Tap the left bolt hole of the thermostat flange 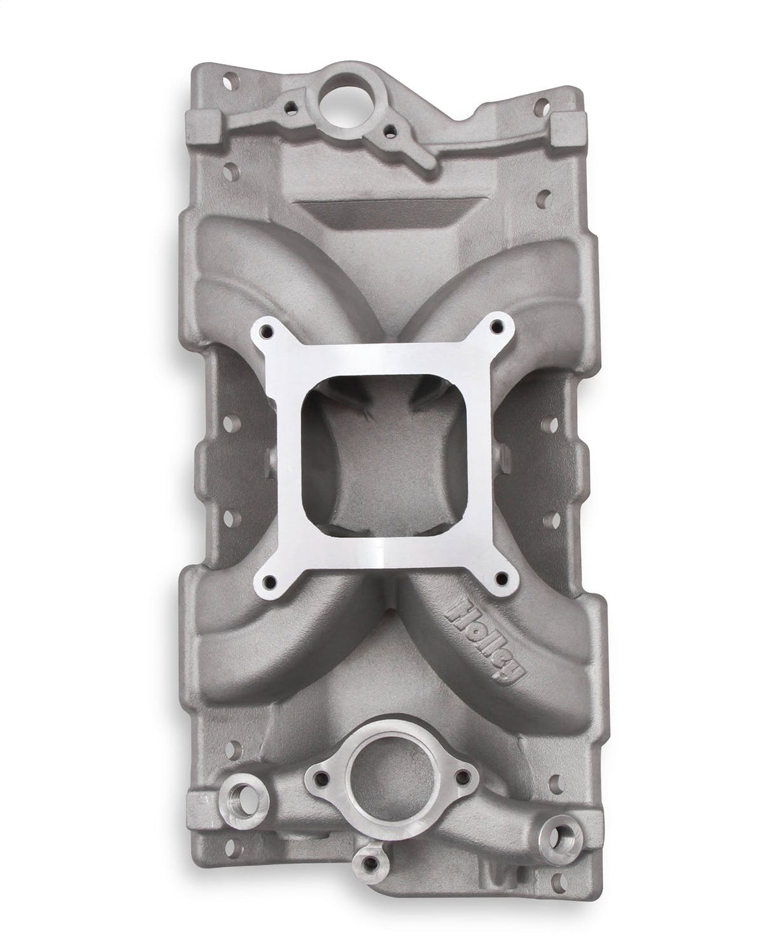(318, 773)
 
